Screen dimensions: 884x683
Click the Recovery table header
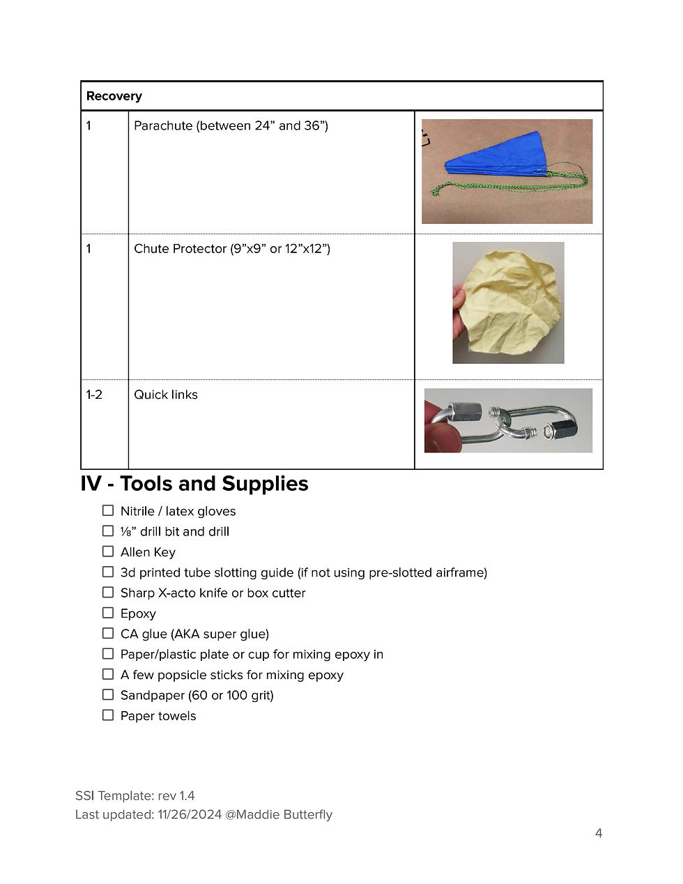[x=114, y=96]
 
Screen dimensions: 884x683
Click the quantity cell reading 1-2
[x=94, y=395]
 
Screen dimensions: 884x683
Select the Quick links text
[x=166, y=395]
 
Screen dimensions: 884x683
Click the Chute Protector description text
[x=231, y=249]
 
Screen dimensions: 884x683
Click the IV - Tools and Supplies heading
[x=194, y=484]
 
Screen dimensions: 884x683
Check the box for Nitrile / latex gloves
[x=108, y=511]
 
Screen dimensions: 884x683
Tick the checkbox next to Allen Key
[x=108, y=551]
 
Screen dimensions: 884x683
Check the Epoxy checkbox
[x=108, y=613]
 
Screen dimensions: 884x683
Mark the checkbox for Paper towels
[x=108, y=715]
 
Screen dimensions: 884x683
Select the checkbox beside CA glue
[x=108, y=633]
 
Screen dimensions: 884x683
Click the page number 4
[x=599, y=833]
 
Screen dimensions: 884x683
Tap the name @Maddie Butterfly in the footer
[x=279, y=814]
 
